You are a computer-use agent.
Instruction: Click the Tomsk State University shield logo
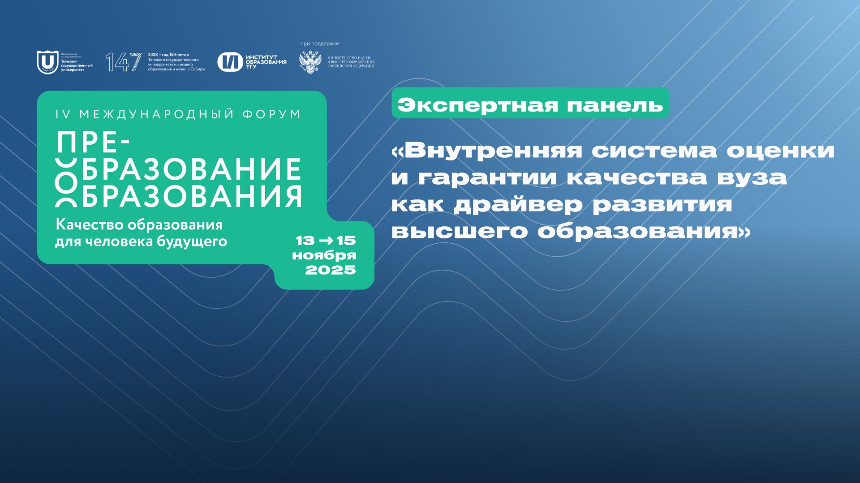click(x=47, y=62)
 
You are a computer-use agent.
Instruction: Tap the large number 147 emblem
click(x=123, y=62)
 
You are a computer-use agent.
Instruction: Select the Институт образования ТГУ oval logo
click(x=230, y=62)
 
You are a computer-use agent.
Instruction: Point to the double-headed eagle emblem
click(x=310, y=62)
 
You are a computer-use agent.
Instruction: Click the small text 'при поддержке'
click(x=319, y=43)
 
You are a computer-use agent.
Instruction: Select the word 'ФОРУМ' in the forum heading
click(x=272, y=114)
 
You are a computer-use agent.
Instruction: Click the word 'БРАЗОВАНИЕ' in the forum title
click(x=191, y=169)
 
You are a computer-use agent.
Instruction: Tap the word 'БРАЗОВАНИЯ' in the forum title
click(x=191, y=196)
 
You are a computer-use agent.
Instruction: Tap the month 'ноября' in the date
click(x=324, y=255)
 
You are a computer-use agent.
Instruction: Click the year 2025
click(x=330, y=270)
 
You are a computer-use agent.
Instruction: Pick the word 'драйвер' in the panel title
click(x=518, y=205)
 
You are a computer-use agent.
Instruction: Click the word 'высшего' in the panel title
click(x=460, y=232)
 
